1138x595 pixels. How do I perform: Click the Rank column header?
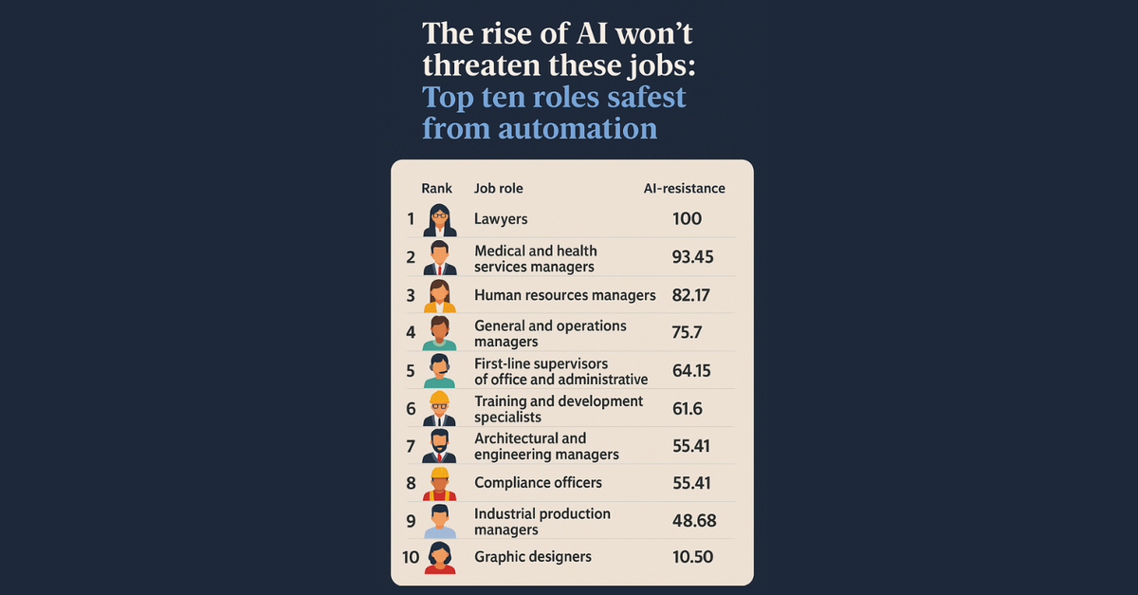(x=436, y=189)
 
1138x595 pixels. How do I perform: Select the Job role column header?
(x=498, y=189)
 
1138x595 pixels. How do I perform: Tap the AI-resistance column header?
(x=683, y=189)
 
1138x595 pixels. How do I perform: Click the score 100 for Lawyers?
(x=687, y=219)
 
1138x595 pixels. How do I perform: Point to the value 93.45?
(x=692, y=257)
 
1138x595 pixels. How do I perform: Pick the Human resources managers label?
(x=564, y=295)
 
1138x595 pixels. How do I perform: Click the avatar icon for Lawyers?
(x=439, y=220)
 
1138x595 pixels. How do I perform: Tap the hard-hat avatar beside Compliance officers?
(x=439, y=483)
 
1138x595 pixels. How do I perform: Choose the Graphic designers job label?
(x=532, y=557)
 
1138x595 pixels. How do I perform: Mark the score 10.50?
(x=692, y=557)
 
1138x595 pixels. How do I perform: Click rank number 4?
(x=411, y=333)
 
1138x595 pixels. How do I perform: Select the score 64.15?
(x=692, y=370)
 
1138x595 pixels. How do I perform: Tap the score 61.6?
(x=688, y=408)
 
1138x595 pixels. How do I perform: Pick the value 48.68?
(x=693, y=521)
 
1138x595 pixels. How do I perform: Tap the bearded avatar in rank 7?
(x=439, y=445)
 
